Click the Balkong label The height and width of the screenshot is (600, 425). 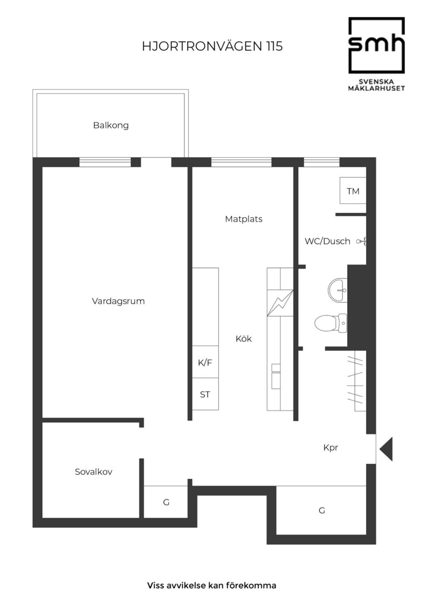click(111, 126)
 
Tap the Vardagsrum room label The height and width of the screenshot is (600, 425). click(118, 301)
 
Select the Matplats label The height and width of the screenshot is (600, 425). click(244, 219)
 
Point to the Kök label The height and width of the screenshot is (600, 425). click(244, 339)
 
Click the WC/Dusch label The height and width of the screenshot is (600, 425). click(327, 241)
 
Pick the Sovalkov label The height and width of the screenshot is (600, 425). click(93, 472)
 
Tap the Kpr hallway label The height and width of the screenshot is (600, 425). click(331, 447)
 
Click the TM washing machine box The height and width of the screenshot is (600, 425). click(353, 191)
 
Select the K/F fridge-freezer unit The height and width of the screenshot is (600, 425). click(205, 362)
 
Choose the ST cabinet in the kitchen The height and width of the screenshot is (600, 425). click(205, 394)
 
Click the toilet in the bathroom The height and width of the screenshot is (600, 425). click(331, 323)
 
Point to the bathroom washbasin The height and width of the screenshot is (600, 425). click(338, 290)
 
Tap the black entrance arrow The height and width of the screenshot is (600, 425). click(386, 449)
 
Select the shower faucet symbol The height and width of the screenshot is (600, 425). click(362, 241)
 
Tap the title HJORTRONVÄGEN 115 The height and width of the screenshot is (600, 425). click(212, 46)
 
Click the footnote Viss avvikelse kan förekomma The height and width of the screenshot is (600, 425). click(211, 586)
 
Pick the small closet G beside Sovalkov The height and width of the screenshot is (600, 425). click(166, 502)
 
